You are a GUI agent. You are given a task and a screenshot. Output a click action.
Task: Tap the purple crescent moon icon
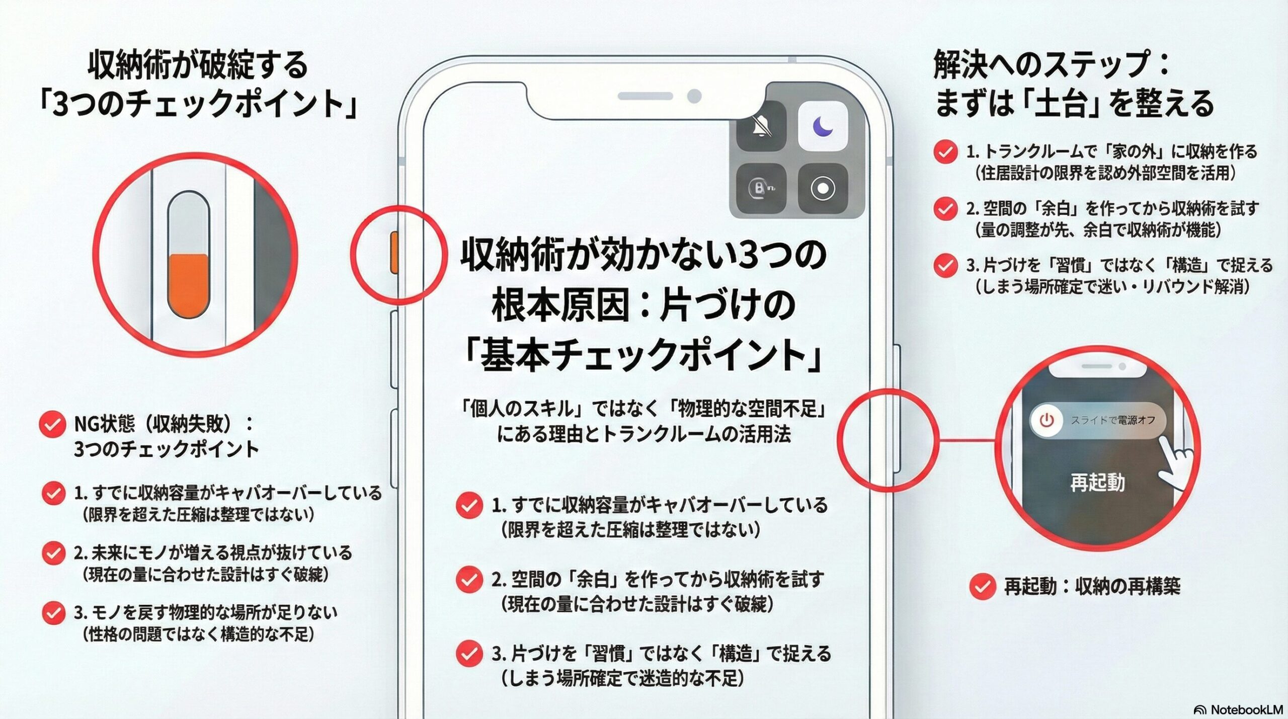(823, 126)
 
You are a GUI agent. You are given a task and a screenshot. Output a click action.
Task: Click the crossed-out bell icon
(761, 126)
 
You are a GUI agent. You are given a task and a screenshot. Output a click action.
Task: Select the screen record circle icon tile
(823, 188)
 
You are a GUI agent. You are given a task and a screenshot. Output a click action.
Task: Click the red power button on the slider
(1046, 420)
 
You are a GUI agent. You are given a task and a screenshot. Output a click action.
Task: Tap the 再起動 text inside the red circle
(1097, 483)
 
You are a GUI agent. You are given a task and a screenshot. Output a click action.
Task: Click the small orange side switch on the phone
(394, 253)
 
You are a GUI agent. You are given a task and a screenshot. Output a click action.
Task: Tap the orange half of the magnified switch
(188, 285)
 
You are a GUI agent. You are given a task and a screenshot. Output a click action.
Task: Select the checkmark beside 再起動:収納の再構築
(982, 586)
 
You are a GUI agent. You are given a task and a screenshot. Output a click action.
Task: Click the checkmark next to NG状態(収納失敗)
(52, 425)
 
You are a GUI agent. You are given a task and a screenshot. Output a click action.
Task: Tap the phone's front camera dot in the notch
(694, 96)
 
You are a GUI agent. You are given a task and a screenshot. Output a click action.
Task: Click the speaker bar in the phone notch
(645, 96)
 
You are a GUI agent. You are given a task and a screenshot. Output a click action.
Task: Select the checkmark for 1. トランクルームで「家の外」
(945, 151)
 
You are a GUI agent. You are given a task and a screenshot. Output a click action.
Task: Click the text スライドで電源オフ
(1112, 420)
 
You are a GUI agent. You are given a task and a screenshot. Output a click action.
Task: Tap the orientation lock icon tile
(761, 188)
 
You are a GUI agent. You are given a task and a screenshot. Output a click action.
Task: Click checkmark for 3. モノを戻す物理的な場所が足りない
(53, 613)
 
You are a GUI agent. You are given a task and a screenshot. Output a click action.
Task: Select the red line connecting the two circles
(966, 440)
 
